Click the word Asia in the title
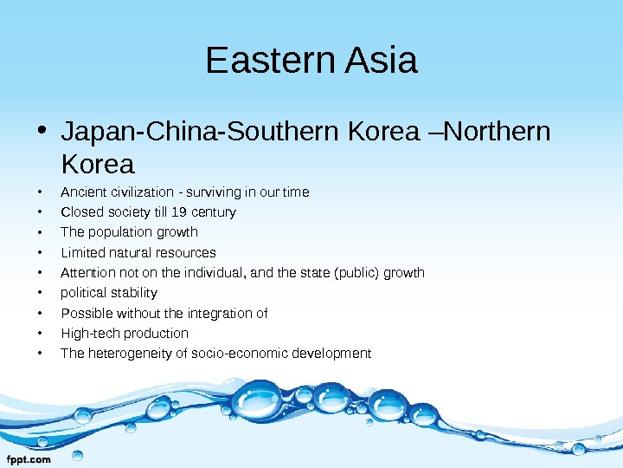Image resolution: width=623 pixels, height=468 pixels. pos(381,62)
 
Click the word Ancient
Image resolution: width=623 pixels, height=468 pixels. pos(82,192)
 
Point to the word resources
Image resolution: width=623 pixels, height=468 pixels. pos(186,252)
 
